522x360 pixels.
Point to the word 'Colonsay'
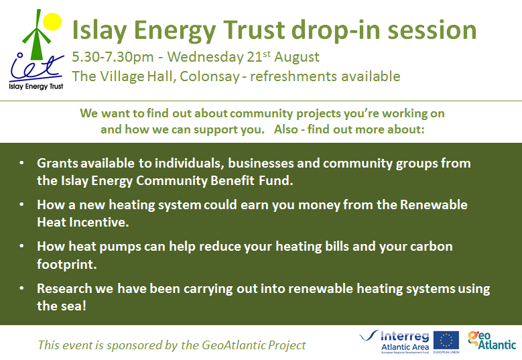click(x=207, y=76)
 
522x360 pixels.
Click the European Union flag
click(x=446, y=341)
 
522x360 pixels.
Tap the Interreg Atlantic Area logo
click(x=394, y=341)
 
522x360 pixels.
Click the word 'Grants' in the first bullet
click(x=58, y=163)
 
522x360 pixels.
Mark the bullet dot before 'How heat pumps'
click(x=23, y=247)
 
